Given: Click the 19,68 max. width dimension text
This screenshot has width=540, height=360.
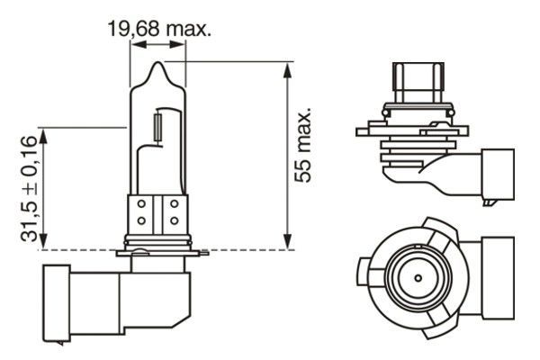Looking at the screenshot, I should pyautogui.click(x=159, y=30).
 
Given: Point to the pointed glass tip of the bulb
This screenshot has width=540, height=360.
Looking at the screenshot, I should pyautogui.click(x=158, y=67).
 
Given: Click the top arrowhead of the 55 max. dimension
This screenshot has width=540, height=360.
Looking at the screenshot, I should pyautogui.click(x=287, y=67).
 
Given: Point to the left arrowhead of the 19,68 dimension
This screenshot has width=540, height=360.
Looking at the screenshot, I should pyautogui.click(x=134, y=47).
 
